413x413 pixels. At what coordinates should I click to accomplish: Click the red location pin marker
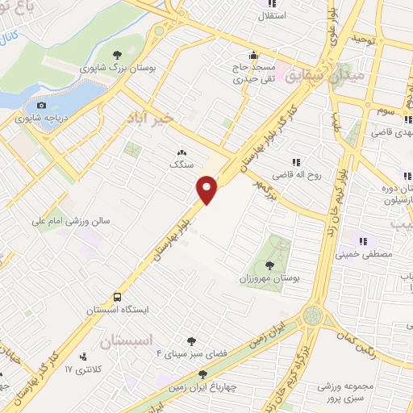tap(207, 190)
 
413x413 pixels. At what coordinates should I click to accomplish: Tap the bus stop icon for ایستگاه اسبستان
tap(118, 297)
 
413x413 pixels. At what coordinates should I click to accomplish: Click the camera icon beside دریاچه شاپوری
tap(42, 104)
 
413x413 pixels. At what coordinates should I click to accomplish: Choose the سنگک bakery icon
tap(181, 152)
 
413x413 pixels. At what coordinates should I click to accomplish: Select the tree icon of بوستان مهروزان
tap(269, 265)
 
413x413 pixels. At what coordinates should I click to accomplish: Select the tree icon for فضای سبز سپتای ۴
tap(191, 342)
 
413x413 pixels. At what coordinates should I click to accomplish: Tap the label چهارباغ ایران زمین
tap(203, 386)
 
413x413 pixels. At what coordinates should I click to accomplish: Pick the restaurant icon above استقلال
tap(264, 3)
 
